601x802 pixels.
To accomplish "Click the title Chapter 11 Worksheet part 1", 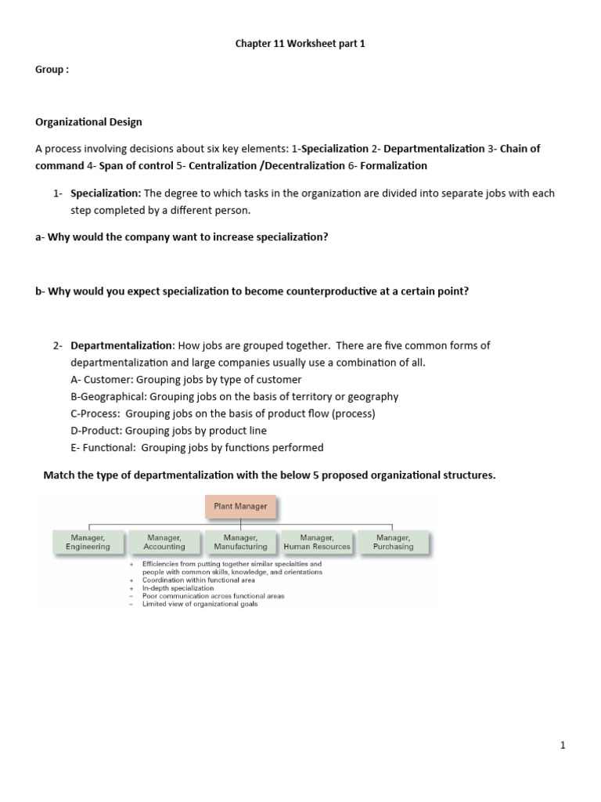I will coord(300,44).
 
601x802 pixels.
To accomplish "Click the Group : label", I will coord(52,70).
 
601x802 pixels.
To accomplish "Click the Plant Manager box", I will coord(241,507).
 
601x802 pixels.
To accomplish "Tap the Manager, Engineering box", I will coord(88,542).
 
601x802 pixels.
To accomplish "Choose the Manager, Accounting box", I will coord(164,542).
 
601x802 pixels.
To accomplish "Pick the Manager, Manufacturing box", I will coord(240,542).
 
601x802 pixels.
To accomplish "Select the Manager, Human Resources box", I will coord(317,542).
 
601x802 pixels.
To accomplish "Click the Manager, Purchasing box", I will coord(393,542).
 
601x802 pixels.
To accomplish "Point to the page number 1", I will coord(562,746).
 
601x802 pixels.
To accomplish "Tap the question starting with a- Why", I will coord(182,237).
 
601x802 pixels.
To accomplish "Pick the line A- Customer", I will coord(185,380).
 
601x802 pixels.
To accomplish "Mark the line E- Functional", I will coord(196,448).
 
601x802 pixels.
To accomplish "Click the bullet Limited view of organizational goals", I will coord(200,604).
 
